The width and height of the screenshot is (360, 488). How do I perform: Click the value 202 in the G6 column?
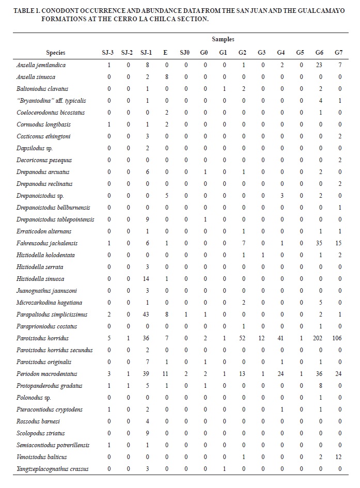point(320,338)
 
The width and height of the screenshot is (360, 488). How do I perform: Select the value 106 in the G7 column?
point(338,338)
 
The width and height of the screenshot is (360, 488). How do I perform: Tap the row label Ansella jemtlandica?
point(41,65)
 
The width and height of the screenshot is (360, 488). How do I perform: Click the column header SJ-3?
point(109,53)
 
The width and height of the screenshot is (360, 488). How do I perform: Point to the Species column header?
point(55,53)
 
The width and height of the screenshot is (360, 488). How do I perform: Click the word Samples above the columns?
point(223,39)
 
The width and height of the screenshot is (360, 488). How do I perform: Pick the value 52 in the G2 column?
point(242,338)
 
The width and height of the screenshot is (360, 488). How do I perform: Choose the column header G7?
point(338,53)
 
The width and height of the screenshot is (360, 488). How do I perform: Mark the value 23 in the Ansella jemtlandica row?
point(320,65)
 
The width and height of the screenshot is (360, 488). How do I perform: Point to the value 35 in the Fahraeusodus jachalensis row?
point(320,243)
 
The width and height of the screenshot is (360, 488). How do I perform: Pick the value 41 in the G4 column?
point(281,338)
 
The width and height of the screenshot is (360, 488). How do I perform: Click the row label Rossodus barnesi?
point(36,421)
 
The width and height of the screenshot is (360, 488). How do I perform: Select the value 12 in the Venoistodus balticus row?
point(338,457)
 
